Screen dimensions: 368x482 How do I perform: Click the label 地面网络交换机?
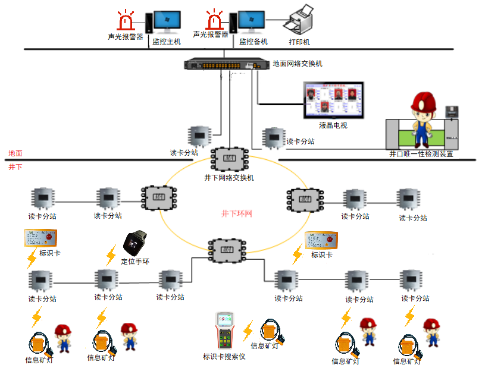click(298, 64)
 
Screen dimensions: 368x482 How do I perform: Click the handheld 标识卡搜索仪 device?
click(224, 331)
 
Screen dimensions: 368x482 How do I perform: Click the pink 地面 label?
click(15, 153)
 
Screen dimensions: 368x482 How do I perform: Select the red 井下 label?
click(15, 167)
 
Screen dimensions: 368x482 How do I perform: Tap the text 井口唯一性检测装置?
click(421, 154)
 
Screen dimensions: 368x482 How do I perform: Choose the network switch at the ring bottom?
click(227, 248)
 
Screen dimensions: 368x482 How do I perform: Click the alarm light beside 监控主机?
click(126, 22)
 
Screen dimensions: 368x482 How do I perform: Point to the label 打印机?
click(299, 42)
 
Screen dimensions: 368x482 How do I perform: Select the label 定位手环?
click(135, 260)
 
